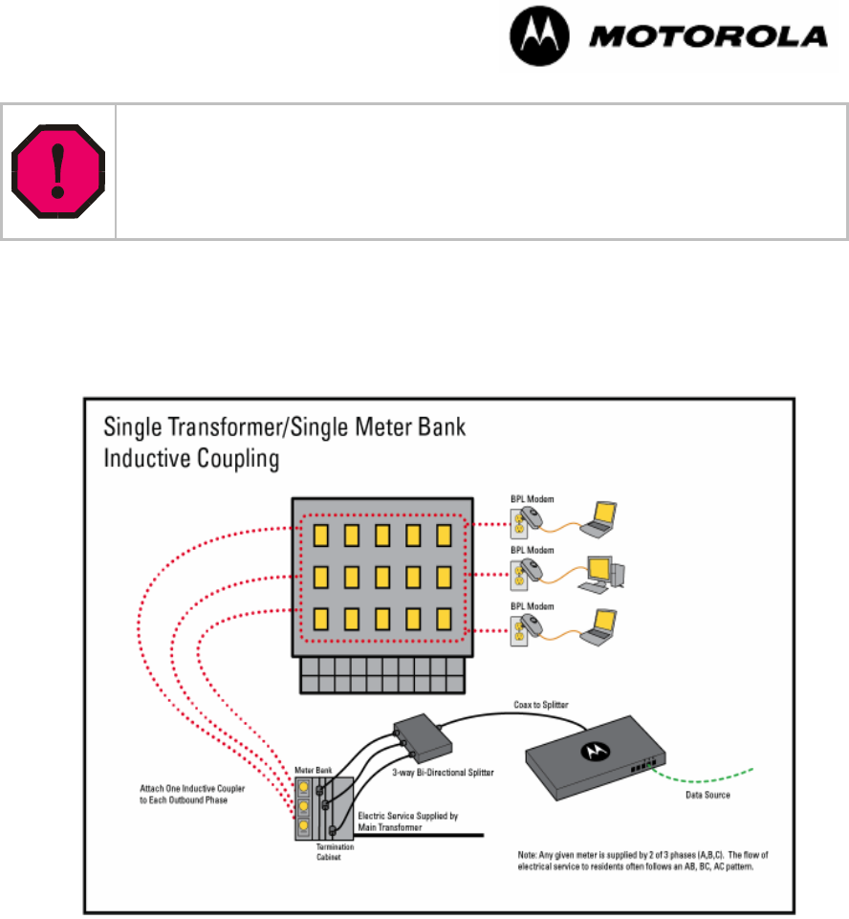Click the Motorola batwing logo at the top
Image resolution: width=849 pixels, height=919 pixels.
click(537, 37)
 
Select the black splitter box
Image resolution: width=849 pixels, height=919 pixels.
click(422, 733)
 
